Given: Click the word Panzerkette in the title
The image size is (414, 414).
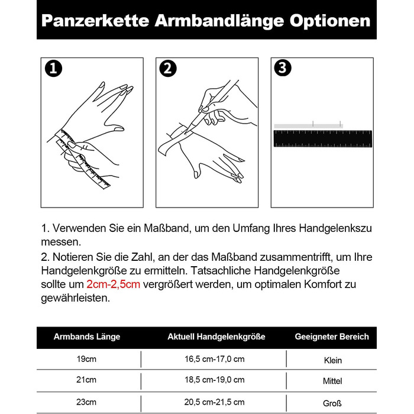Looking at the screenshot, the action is [95, 21].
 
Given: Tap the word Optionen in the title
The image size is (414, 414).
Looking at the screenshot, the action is [330, 21].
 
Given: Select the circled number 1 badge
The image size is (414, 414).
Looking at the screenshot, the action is [53, 69].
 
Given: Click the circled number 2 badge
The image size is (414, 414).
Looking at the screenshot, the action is [168, 69].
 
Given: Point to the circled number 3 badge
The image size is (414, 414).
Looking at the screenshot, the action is [283, 67].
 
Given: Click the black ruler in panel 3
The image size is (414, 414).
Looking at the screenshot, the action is [323, 138].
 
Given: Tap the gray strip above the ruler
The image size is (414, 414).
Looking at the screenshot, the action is [308, 126].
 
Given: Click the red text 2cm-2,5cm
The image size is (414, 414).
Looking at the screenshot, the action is [114, 284].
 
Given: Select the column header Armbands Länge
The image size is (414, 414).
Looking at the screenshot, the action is [87, 337].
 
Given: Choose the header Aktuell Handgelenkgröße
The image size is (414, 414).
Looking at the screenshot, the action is [216, 337].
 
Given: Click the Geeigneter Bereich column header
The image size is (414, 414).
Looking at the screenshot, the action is [332, 337].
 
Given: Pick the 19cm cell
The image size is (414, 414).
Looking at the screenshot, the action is [86, 359].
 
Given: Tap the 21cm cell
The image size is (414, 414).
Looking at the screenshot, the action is [86, 380].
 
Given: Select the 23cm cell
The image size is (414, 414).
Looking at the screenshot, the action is [86, 402].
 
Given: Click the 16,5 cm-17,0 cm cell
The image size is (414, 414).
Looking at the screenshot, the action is [214, 359].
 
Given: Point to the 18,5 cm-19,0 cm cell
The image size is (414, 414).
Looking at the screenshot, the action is [214, 380].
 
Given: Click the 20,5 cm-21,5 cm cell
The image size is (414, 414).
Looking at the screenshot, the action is [214, 402].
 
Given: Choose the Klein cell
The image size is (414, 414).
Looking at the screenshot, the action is [332, 360].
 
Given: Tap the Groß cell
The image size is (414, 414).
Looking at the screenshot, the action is [332, 403].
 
